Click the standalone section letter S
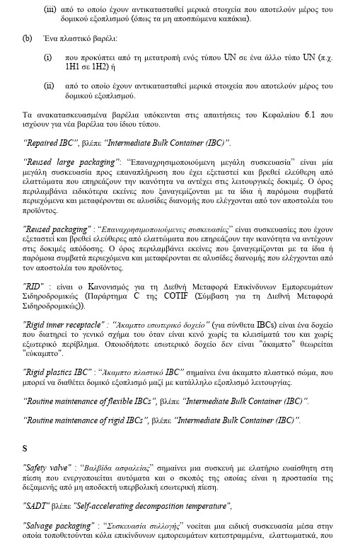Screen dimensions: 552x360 (25, 449)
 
